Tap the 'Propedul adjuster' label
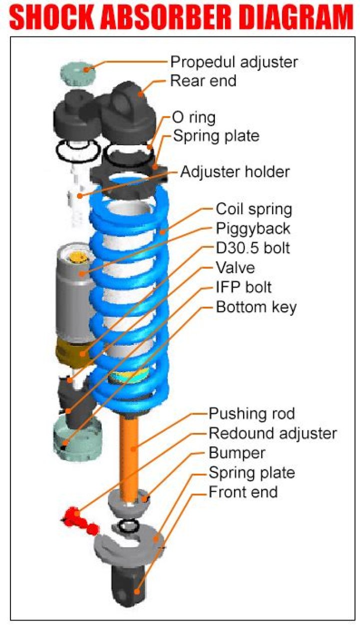234,62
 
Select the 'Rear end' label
203,81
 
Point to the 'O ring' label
193,118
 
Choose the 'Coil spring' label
253,209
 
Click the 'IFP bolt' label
243,287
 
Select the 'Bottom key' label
256,307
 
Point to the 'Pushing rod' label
251,414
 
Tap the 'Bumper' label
236,453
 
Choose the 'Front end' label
243,492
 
